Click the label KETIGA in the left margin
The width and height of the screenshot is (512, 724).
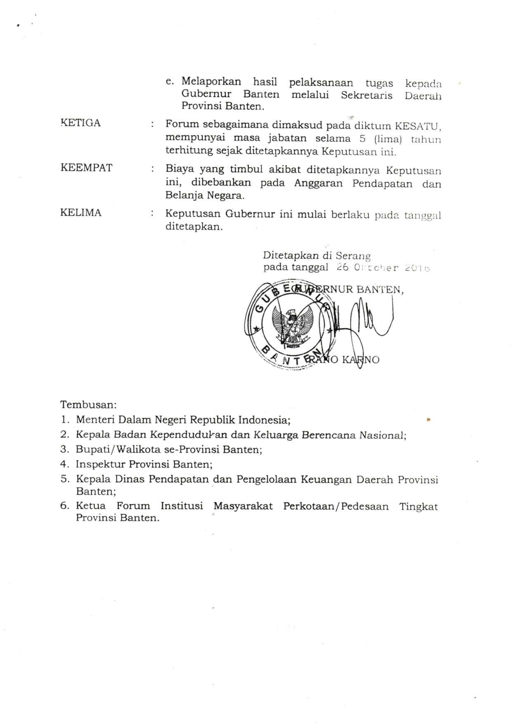[81, 123]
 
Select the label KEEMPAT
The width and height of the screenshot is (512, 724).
[86, 168]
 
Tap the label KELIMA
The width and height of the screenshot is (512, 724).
[81, 213]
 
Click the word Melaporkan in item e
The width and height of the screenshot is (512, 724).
[211, 81]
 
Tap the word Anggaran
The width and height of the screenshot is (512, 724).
[318, 183]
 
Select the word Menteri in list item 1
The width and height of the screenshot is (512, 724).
[95, 420]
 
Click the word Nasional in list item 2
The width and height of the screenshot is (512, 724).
[382, 435]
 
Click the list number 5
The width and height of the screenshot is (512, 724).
[64, 479]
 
